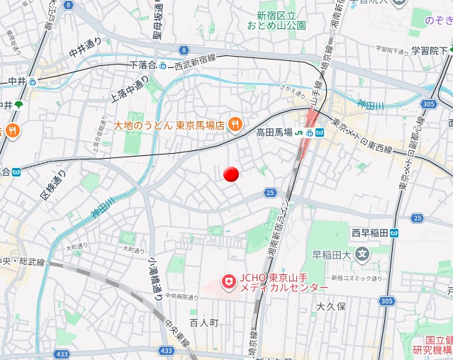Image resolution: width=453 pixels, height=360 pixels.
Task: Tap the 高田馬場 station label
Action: pos(274,132)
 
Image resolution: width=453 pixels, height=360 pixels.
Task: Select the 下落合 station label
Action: pos(142,65)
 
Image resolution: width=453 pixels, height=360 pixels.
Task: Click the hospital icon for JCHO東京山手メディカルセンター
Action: pos(228,282)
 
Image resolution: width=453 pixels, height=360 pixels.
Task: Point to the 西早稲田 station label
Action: pos(369,232)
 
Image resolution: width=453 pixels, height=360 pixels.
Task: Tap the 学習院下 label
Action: pos(430,50)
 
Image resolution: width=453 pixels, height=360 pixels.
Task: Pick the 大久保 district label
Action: pos(330,307)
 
